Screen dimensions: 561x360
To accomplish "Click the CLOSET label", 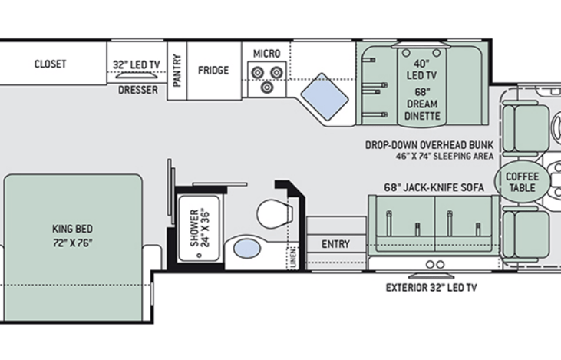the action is click(x=50, y=64).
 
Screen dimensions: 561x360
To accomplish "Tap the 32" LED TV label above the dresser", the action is click(x=137, y=64).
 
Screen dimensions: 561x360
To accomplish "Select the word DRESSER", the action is click(x=138, y=90).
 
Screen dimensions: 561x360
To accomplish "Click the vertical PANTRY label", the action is click(x=177, y=71).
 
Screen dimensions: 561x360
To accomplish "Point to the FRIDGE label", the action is click(x=213, y=70).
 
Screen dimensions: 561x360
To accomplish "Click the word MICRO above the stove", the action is click(x=266, y=54).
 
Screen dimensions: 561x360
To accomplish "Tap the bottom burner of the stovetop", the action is click(x=267, y=87).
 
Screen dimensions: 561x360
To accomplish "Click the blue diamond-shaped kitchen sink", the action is click(x=325, y=97).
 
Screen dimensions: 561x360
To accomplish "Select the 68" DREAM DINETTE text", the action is click(x=422, y=104).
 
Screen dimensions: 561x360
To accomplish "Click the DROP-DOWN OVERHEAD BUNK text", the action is click(x=429, y=145).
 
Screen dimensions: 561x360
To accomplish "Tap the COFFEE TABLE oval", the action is click(x=522, y=182).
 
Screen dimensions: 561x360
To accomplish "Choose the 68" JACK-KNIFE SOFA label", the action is click(x=434, y=187).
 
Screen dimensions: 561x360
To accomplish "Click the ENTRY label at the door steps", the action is click(x=335, y=244).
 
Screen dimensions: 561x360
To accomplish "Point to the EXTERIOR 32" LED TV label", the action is click(x=431, y=288).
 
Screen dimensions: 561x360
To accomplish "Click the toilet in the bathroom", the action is click(x=275, y=214).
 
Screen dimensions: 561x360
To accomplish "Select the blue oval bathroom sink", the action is click(x=247, y=249).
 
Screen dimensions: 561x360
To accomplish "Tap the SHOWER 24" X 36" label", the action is click(x=200, y=228).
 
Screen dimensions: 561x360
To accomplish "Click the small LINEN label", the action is click(x=293, y=256).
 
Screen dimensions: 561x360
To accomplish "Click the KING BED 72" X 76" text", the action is click(x=73, y=236).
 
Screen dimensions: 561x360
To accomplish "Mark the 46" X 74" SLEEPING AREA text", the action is click(x=444, y=156).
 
